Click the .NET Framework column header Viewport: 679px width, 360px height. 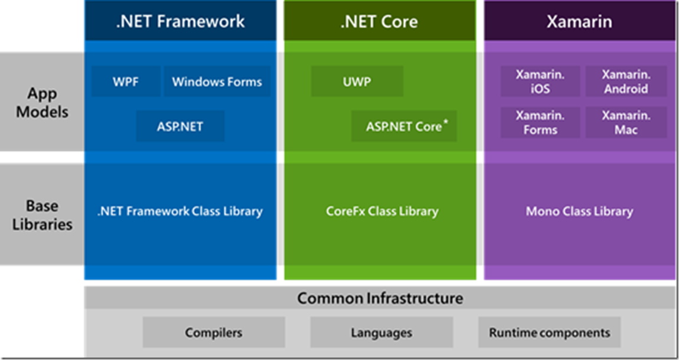click(x=180, y=22)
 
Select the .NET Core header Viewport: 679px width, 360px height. click(x=380, y=22)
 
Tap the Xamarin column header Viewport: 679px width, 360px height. click(x=579, y=22)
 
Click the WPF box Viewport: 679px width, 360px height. click(x=126, y=81)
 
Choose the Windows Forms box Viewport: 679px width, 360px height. click(x=217, y=81)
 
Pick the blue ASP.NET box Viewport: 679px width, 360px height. click(x=180, y=126)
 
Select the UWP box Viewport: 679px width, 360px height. click(x=357, y=81)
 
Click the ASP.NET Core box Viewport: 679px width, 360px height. click(x=404, y=126)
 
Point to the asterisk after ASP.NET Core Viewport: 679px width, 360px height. click(x=445, y=123)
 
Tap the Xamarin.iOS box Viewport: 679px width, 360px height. click(x=540, y=81)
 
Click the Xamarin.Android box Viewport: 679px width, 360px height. click(x=626, y=81)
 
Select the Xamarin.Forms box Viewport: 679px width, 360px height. click(x=540, y=122)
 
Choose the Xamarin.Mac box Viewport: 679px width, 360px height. click(x=626, y=122)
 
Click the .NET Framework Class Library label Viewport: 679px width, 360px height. click(x=180, y=211)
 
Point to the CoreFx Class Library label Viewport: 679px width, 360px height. click(x=382, y=211)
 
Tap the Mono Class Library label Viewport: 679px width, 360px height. click(x=579, y=211)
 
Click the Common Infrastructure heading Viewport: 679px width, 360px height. click(x=380, y=298)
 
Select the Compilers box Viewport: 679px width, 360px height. click(x=214, y=332)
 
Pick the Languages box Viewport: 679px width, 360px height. click(x=381, y=332)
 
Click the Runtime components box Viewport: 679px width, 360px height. click(x=549, y=332)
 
